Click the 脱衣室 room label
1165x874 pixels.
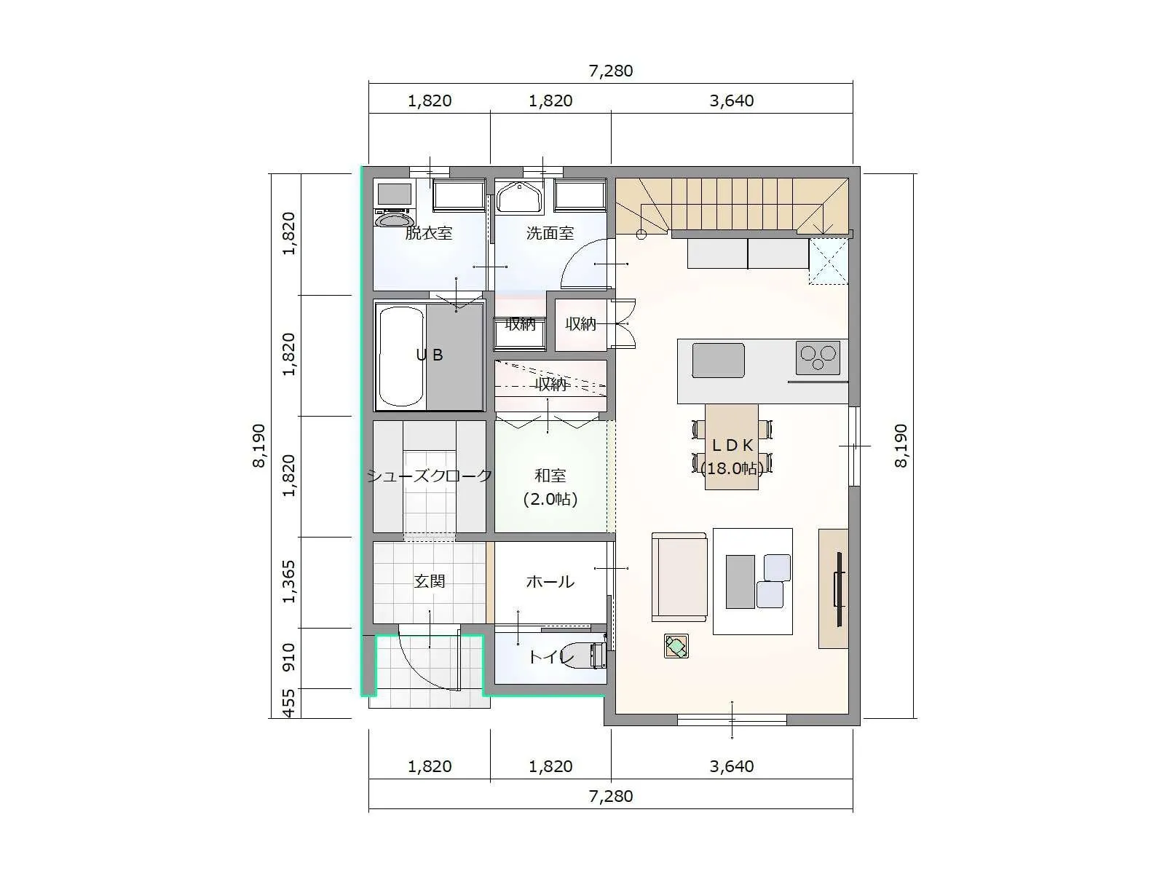click(428, 233)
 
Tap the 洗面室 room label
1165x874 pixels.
click(550, 233)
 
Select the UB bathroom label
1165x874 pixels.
click(430, 355)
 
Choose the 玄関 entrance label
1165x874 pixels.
click(429, 582)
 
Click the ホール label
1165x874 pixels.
click(550, 582)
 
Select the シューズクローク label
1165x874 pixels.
click(430, 476)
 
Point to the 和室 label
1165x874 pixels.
click(550, 476)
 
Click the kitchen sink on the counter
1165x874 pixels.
click(718, 361)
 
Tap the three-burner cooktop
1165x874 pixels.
click(818, 358)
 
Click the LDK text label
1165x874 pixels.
click(732, 446)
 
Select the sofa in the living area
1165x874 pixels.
click(679, 577)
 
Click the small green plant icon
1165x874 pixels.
click(676, 646)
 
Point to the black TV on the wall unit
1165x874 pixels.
click(839, 589)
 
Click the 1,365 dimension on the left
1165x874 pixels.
click(289, 582)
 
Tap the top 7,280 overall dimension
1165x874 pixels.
click(611, 71)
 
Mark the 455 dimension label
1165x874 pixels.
click(289, 703)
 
